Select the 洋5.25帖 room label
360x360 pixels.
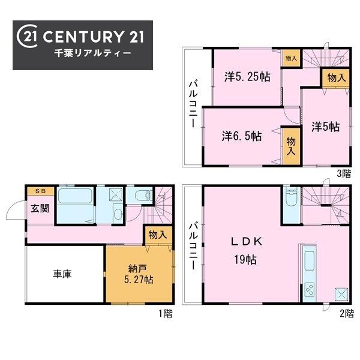(247, 77)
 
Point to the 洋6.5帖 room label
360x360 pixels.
(241, 136)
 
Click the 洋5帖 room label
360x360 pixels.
(325, 127)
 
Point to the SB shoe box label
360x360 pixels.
(40, 191)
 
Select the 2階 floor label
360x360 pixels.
(344, 313)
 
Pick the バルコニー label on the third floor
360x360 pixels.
(193, 106)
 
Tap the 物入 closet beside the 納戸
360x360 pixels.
(157, 235)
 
